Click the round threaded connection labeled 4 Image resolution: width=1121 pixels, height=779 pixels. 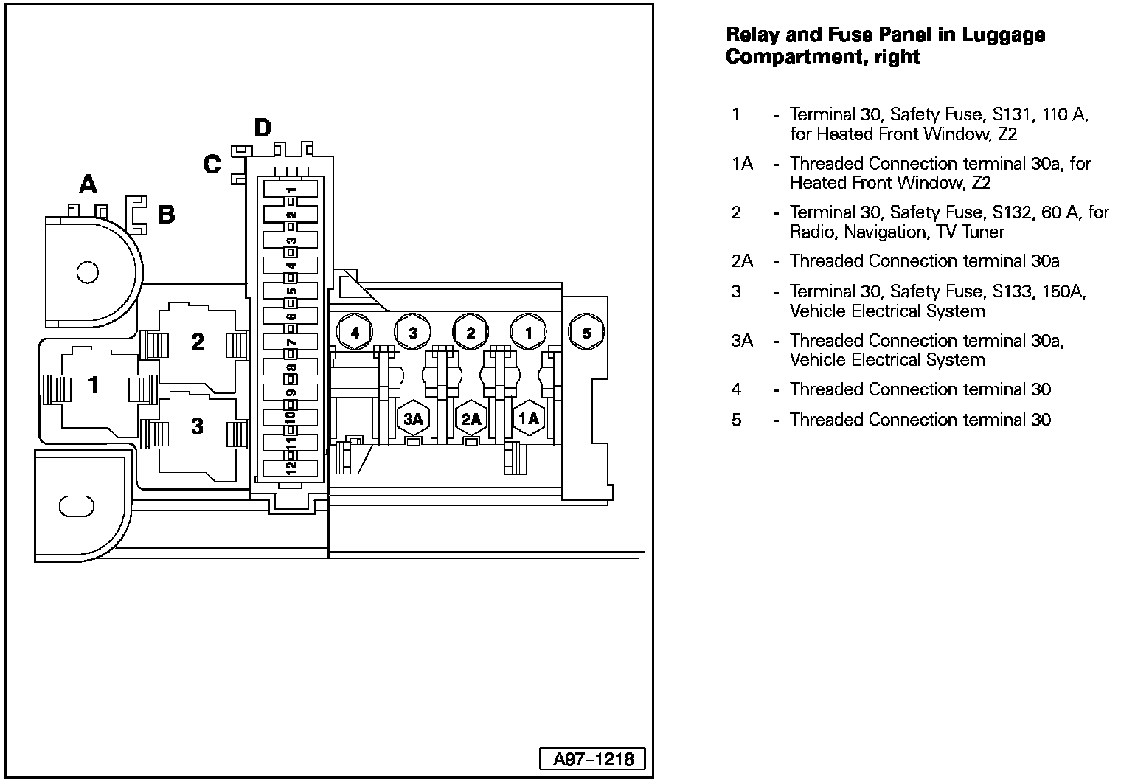pos(355,333)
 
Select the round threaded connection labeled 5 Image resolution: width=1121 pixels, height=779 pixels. pos(586,333)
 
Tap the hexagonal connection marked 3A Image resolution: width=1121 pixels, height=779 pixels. pos(412,419)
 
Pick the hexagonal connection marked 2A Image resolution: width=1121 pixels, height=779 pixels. pos(471,419)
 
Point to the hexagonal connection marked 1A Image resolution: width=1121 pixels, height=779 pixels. pos(528,419)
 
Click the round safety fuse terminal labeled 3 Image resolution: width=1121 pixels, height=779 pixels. pos(412,333)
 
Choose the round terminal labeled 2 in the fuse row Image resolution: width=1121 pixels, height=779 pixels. pos(471,333)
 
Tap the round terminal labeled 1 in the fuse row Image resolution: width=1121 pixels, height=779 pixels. pos(528,333)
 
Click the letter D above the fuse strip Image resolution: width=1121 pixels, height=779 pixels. pos(262,128)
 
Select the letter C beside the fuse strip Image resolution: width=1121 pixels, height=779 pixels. pos(212,164)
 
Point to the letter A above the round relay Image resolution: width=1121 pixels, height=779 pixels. pos(88,183)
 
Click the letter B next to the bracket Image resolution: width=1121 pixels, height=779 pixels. pos(167,215)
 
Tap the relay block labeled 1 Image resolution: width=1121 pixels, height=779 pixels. pos(94,385)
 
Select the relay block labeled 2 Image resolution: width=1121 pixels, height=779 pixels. pos(197,343)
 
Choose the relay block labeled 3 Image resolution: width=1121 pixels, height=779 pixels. pos(197,427)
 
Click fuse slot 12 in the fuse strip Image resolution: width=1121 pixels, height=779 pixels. pos(291,467)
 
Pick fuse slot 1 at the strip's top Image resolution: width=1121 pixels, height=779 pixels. pos(291,189)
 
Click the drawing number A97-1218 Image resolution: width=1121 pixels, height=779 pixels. pos(594,759)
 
